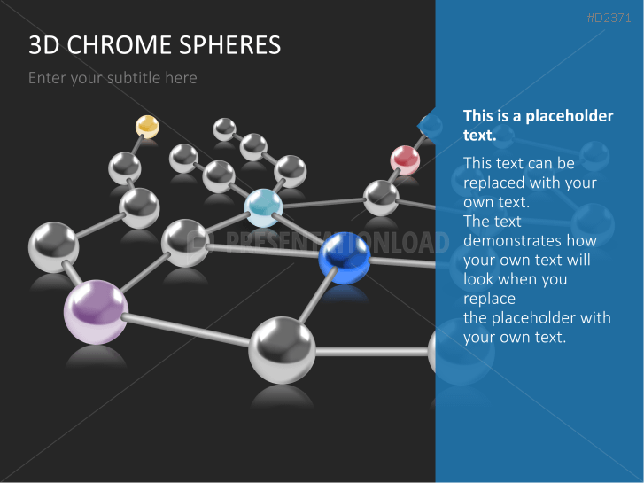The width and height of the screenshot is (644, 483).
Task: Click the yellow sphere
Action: [x=147, y=127]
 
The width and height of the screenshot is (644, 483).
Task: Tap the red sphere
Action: [x=405, y=160]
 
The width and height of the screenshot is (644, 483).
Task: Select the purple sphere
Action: [x=96, y=312]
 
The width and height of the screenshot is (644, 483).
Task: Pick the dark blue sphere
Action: [x=345, y=258]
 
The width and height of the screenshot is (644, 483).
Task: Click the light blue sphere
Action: [x=263, y=208]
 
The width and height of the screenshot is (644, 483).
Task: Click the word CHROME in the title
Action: [x=119, y=45]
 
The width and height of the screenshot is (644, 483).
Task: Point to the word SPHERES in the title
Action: [x=230, y=45]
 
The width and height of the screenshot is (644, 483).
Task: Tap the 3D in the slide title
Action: [x=44, y=45]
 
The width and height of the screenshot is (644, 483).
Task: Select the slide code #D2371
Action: [x=609, y=18]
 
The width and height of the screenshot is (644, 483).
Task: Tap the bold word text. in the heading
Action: [x=480, y=136]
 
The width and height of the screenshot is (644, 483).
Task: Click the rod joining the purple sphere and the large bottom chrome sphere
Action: [x=187, y=330]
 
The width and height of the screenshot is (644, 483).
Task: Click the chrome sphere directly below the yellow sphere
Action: [x=124, y=168]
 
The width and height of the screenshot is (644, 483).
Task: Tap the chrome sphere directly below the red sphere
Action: [x=381, y=199]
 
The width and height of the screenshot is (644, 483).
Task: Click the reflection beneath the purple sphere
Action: [x=96, y=357]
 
